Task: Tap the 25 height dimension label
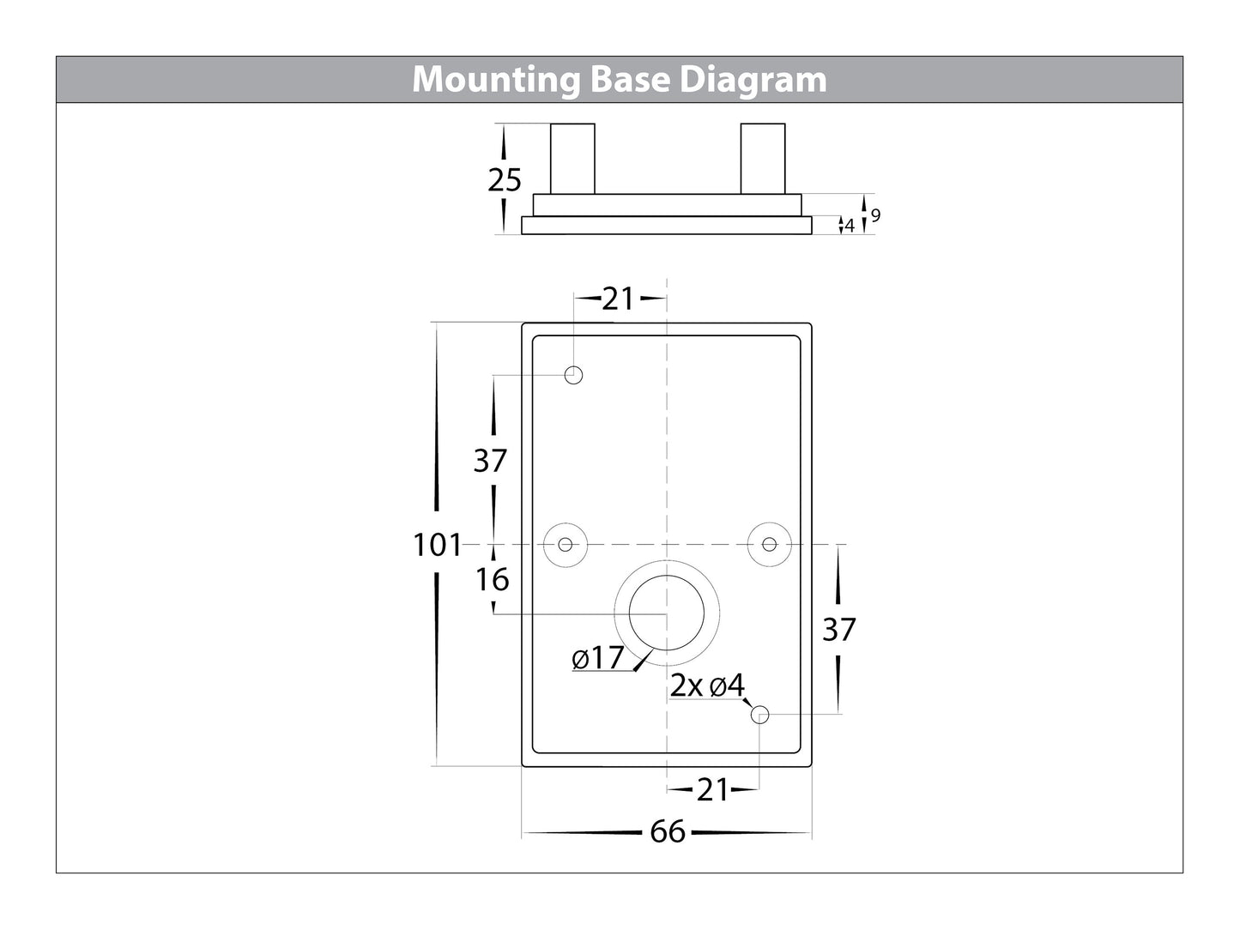pos(505,180)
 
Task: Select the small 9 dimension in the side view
pos(875,216)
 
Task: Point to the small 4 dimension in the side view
pos(850,226)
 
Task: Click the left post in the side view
pos(572,159)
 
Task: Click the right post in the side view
pos(762,159)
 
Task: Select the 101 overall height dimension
pos(437,545)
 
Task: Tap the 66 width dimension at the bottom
pos(667,832)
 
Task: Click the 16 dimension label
pos(493,580)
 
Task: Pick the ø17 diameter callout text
pos(598,659)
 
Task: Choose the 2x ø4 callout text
pos(708,685)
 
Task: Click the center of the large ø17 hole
pos(667,614)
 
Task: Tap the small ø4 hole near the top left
pos(574,375)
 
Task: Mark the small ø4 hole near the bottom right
pos(759,714)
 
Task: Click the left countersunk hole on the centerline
pos(566,544)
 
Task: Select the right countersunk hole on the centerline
pos(770,544)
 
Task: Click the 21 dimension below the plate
pos(712,789)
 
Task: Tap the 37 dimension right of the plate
pos(838,630)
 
